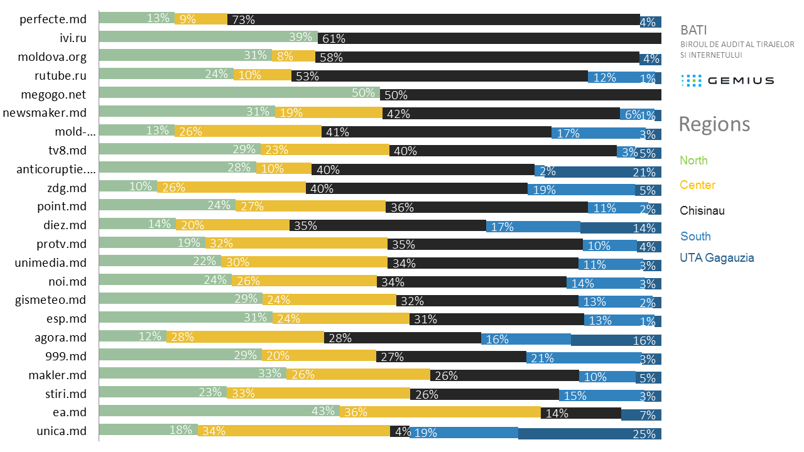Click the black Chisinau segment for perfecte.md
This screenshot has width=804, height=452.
pos(433,19)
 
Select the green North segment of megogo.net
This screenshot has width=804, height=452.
pos(239,94)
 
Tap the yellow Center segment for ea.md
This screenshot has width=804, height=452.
pos(440,412)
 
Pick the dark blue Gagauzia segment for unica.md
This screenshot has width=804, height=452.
pos(589,433)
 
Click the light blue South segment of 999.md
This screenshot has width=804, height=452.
pos(581,357)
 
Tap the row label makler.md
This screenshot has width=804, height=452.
pos(57,375)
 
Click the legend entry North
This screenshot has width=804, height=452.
pos(693,161)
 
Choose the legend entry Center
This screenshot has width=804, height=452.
pos(697,185)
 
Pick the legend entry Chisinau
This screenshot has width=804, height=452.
pos(702,211)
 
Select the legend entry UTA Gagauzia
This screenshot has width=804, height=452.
pos(717,258)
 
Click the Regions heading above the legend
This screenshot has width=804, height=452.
pos(714,124)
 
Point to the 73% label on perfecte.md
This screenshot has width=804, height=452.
pos(243,20)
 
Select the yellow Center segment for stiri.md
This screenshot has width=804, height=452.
pos(318,394)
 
